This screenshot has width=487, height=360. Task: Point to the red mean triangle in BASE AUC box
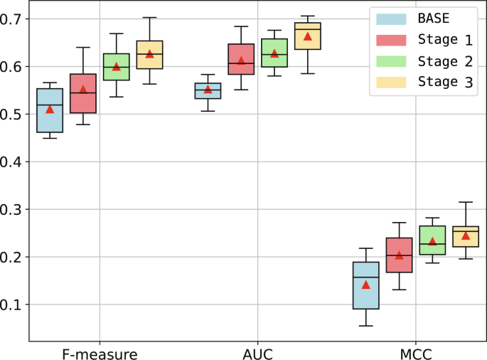click(x=208, y=89)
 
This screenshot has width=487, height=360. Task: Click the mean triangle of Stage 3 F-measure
click(x=149, y=53)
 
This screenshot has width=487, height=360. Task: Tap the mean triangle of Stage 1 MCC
click(x=399, y=255)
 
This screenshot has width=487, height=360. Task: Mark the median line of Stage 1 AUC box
click(x=241, y=63)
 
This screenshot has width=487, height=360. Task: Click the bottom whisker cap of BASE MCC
click(x=366, y=326)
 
